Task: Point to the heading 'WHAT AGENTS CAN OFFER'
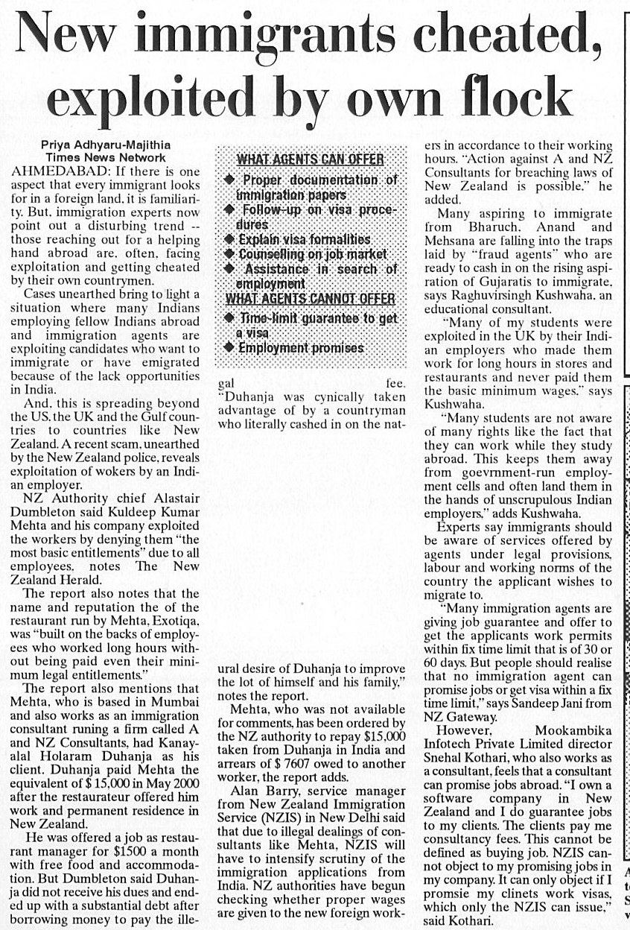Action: pos(310,159)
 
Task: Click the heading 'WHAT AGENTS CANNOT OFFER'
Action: pos(310,299)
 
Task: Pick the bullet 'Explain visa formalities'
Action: pos(304,239)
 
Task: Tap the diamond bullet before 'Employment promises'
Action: pos(229,348)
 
